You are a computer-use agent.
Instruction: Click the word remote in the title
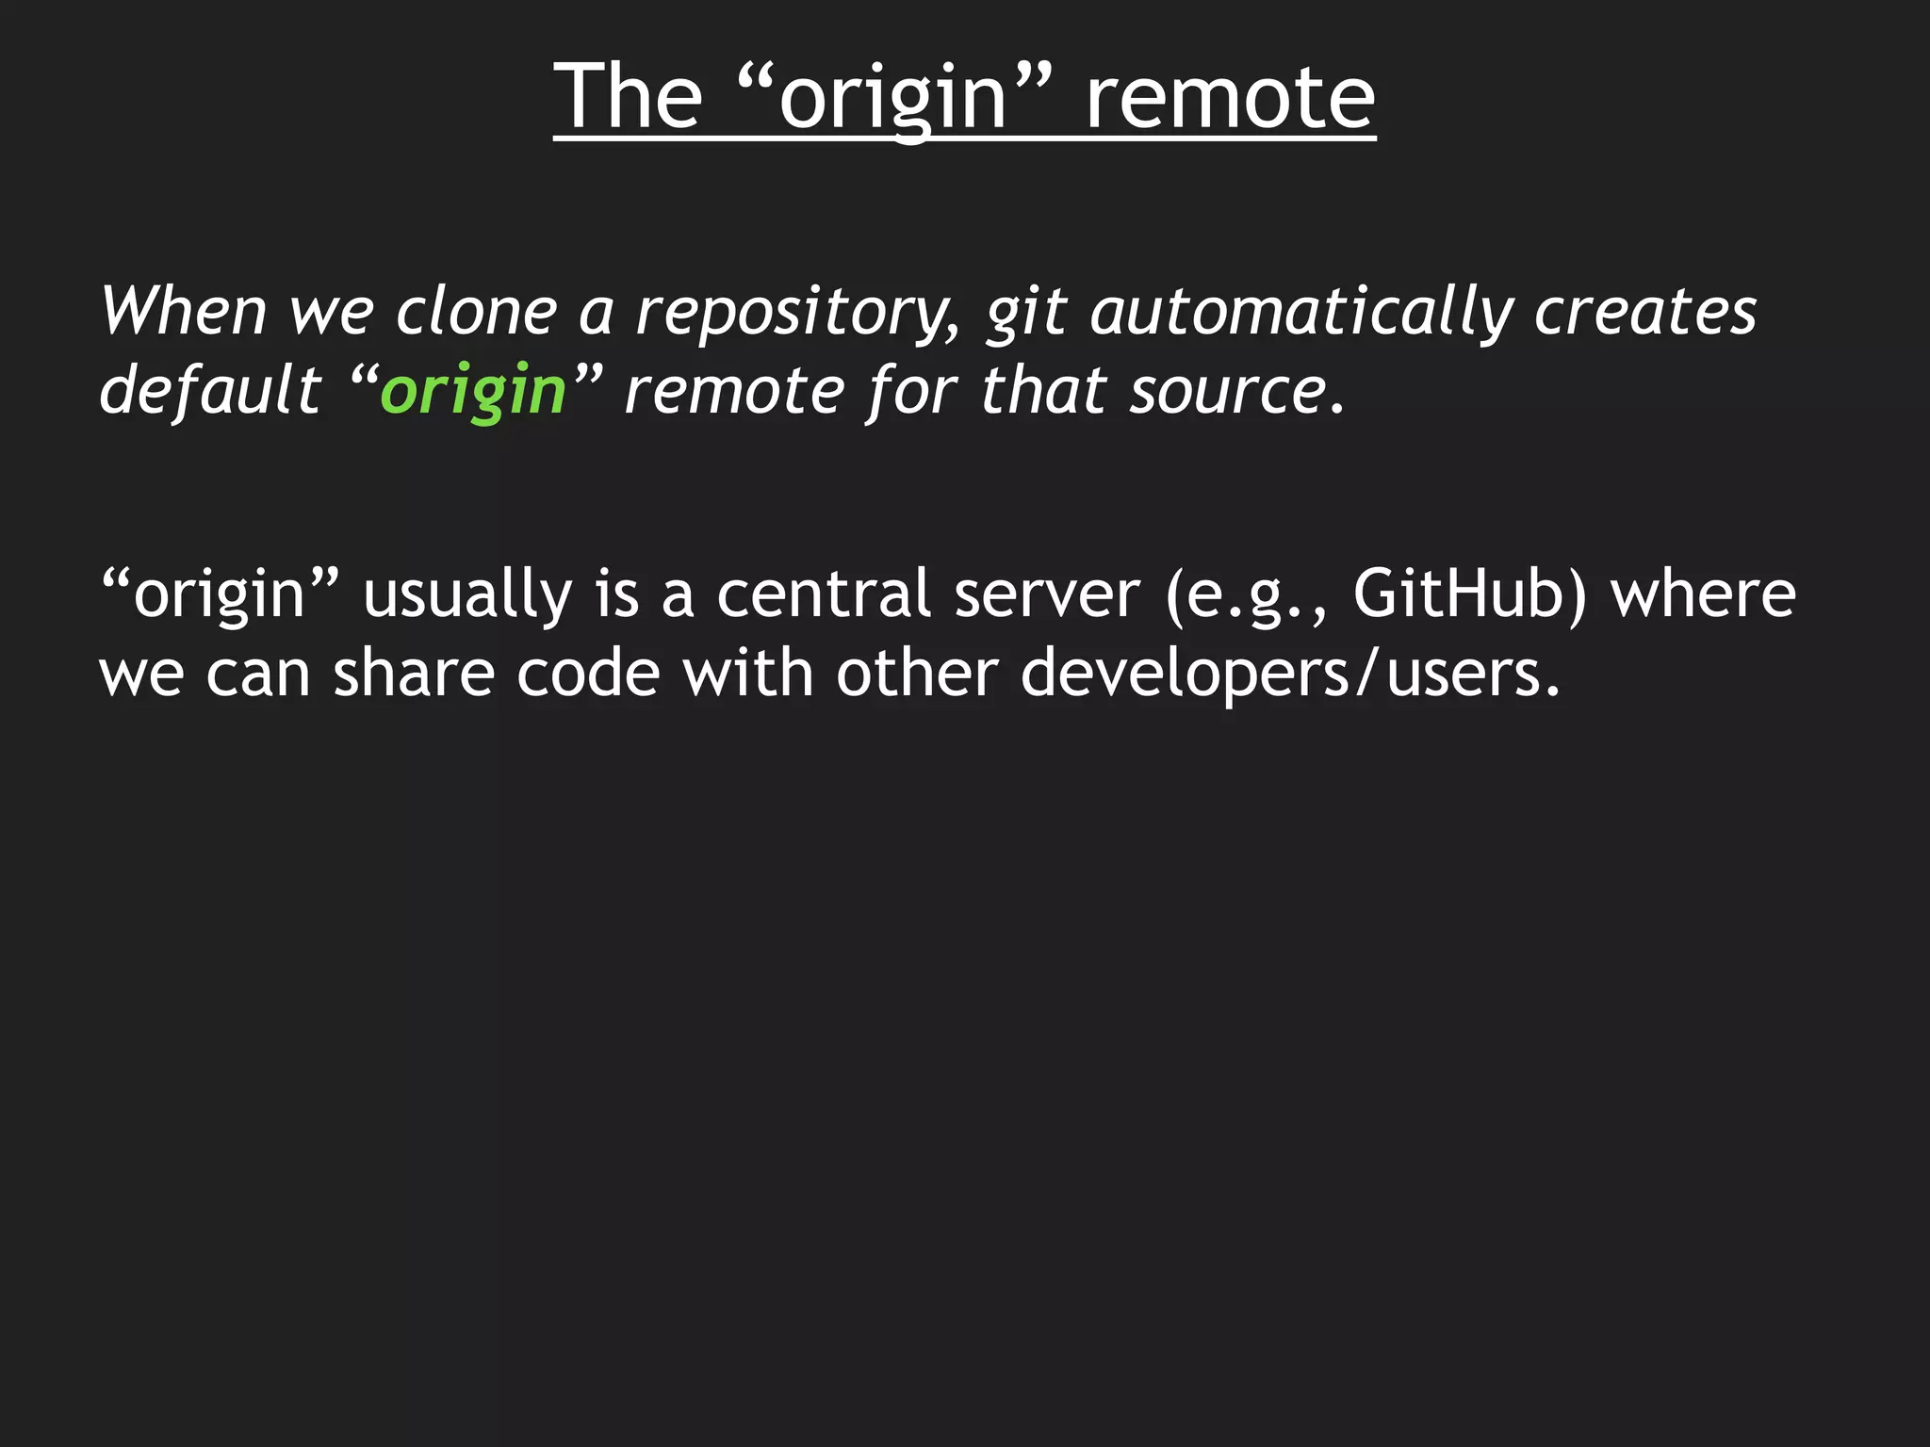1230,96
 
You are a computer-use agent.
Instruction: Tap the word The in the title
628,96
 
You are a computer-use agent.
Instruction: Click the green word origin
473,392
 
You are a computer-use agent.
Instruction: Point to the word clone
476,312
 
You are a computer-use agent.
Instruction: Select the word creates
1645,312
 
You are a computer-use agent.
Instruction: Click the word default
210,390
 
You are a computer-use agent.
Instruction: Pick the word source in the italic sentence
1229,392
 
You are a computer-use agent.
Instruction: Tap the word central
824,594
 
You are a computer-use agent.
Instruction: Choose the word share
414,674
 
